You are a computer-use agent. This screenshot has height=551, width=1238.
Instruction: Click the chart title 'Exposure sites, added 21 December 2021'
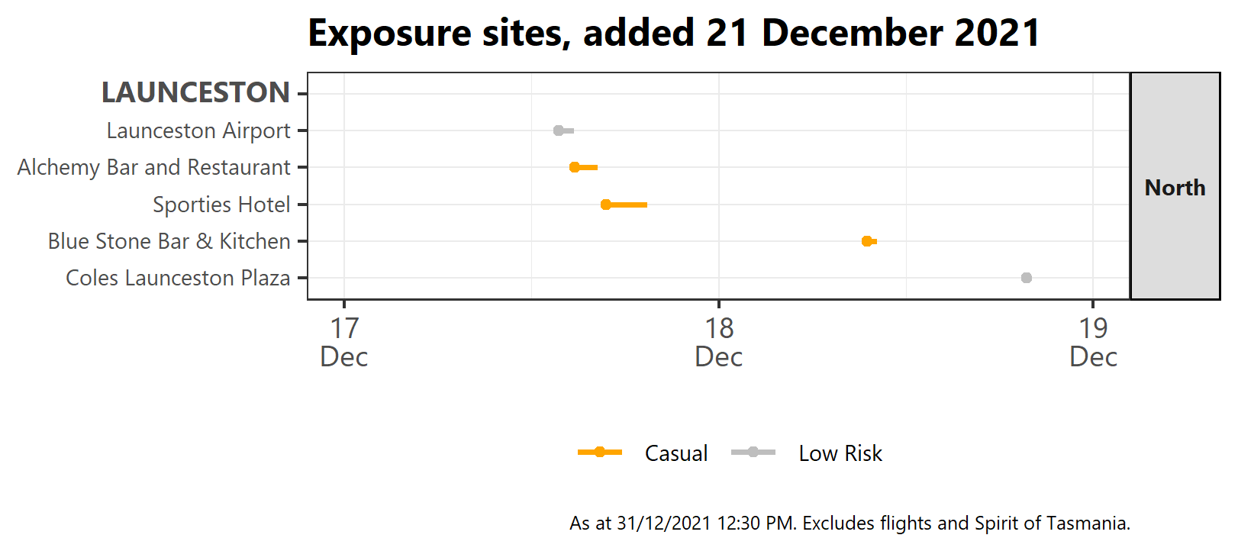674,34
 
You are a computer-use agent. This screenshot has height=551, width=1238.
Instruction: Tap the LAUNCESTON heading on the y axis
195,93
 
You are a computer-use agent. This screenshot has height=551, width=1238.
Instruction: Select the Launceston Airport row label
198,130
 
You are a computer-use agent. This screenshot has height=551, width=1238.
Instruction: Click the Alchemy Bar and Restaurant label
153,167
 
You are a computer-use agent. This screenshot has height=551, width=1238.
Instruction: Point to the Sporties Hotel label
221,205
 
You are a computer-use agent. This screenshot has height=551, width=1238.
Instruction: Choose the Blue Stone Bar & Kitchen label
169,241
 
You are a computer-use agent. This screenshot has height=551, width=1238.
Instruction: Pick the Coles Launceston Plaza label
178,278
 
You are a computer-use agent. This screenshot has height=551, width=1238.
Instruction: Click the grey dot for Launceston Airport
559,130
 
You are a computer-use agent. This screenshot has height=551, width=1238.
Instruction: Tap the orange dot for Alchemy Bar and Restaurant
575,167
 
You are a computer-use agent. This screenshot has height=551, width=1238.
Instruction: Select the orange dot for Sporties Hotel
606,205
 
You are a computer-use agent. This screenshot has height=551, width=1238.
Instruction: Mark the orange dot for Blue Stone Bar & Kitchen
867,241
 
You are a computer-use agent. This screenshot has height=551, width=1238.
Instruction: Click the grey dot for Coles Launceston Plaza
1027,278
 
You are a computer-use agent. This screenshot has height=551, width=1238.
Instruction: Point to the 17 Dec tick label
344,342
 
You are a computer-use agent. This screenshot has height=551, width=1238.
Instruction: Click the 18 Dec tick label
719,342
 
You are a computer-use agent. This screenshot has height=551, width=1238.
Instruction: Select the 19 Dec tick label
1093,342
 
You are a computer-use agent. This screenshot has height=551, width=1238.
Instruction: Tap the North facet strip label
1175,188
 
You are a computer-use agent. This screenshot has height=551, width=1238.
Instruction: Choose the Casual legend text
676,453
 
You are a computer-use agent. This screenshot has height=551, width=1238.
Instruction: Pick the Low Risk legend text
840,453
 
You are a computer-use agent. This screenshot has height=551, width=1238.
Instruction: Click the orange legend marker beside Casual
600,453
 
